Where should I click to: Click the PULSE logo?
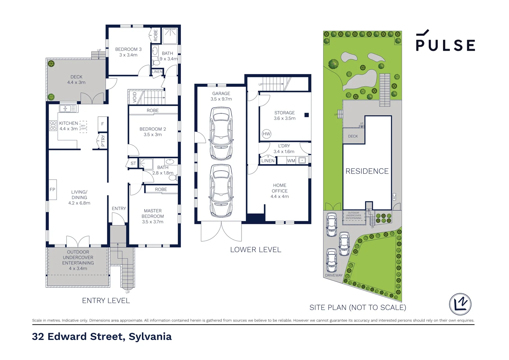[445, 42]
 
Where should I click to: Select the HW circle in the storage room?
[266, 134]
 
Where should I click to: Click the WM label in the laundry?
[291, 161]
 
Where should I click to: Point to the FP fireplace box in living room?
[53, 190]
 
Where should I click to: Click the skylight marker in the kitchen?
[83, 127]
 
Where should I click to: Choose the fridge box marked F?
[103, 124]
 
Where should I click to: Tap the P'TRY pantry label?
[103, 141]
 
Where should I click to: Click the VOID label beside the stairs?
[135, 97]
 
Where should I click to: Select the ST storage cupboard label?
[133, 163]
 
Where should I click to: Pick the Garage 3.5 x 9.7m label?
[221, 96]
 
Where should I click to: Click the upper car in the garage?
[221, 133]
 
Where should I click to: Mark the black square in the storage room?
[306, 115]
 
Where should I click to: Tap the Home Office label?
[279, 191]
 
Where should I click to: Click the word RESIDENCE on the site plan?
[367, 171]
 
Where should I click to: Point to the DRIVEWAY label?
[333, 275]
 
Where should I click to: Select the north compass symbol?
[460, 304]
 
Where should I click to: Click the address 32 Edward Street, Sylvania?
[102, 337]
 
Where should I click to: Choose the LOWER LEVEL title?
[255, 250]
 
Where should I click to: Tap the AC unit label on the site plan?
[394, 197]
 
